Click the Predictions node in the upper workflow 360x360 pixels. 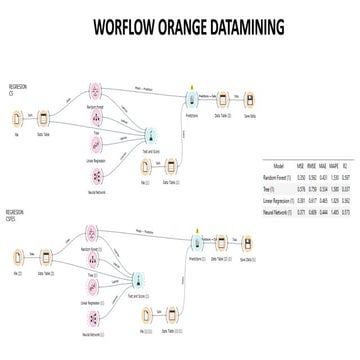pyautogui.click(x=190, y=102)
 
